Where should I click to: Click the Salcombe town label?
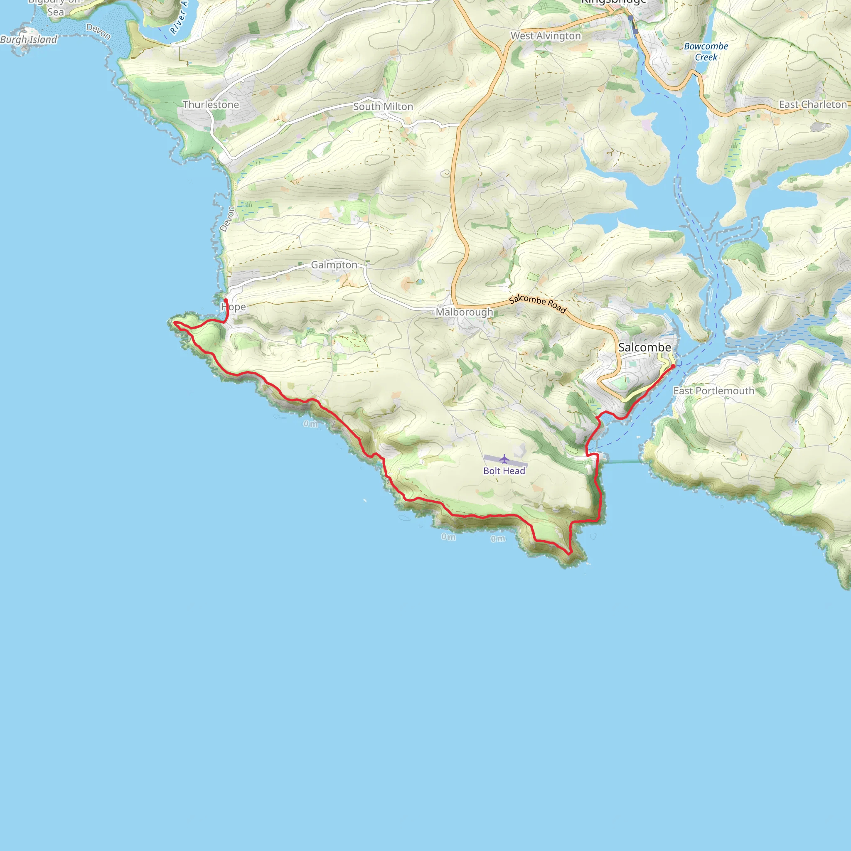click(644, 347)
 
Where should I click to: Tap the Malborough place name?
click(464, 312)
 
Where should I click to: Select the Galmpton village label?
click(334, 265)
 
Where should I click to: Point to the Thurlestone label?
click(211, 105)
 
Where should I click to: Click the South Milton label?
click(383, 107)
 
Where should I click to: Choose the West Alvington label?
click(546, 36)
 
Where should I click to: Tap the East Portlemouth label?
click(713, 391)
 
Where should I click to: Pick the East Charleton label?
click(813, 105)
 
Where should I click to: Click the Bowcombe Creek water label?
click(706, 52)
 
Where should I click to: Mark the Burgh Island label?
click(29, 39)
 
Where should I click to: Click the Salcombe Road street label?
click(537, 304)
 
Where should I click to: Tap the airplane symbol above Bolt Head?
click(504, 460)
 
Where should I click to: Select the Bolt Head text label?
click(504, 471)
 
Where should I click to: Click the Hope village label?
click(234, 307)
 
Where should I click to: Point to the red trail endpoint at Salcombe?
click(673, 366)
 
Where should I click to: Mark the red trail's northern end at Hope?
click(226, 300)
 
